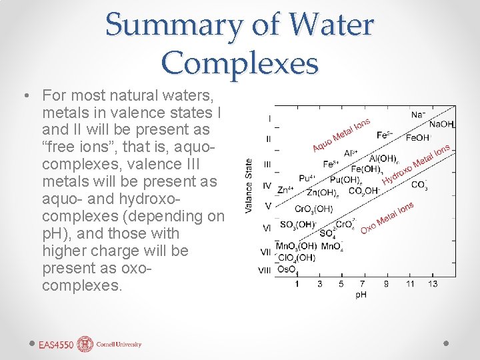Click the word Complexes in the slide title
coord(240,63)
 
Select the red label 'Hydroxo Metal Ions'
coord(415,164)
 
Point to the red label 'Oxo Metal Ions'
coord(387,217)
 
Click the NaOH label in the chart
coord(441,124)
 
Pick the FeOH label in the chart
coord(417,138)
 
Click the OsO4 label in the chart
coord(287,270)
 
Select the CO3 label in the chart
coord(419,185)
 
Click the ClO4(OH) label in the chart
coord(296,258)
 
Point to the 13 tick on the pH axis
coord(433,284)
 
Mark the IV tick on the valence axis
coord(267,186)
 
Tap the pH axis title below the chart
coord(361,294)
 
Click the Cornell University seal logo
coord(85,344)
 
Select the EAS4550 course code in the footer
coord(56,345)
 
